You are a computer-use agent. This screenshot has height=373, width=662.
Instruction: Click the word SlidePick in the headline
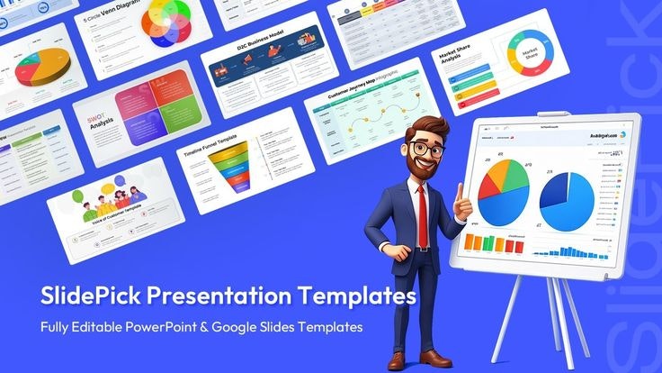[87, 296]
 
